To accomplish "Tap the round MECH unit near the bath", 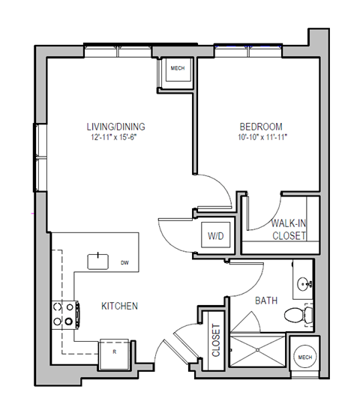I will [x=304, y=358].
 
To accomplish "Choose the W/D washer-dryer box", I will [x=215, y=236].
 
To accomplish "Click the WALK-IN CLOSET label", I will [x=289, y=229].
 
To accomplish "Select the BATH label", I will [x=266, y=301].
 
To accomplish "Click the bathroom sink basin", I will [x=304, y=284].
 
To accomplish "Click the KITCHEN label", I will [x=119, y=306].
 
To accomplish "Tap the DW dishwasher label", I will [x=124, y=263].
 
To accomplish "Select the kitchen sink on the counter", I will [x=98, y=261].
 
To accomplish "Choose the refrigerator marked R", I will [x=114, y=351].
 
